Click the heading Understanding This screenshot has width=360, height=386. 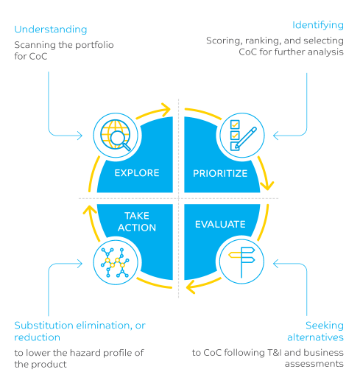tap(51, 29)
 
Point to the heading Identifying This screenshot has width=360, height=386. tap(317, 25)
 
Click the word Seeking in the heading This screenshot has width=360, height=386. tap(325, 325)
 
